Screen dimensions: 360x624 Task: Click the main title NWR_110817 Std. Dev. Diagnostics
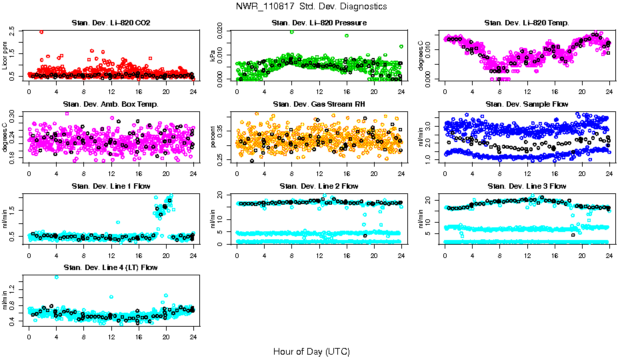coord(311,7)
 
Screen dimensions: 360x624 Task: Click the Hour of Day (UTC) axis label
coord(311,351)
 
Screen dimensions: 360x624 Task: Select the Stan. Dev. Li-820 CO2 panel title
coord(111,23)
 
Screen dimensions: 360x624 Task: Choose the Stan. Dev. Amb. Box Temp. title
coord(111,105)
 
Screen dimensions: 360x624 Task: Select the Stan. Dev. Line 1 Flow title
coord(111,186)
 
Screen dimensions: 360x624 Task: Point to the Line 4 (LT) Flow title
coord(111,267)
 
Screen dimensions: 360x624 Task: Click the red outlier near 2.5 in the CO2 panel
coord(41,31)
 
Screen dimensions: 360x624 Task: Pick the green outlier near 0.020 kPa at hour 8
coord(292,32)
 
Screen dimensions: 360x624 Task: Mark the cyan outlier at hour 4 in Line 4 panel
coord(56,277)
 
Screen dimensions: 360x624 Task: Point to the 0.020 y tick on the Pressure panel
coord(225,31)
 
